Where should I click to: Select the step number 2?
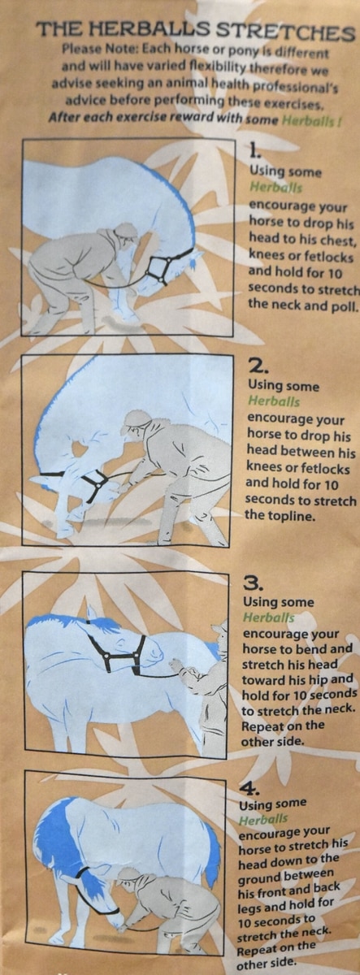pos(258,368)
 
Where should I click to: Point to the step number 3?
pos(254,583)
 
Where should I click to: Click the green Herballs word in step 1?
pos(275,188)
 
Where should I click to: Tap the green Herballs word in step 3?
pos(269,617)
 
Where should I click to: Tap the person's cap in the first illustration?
pos(124,231)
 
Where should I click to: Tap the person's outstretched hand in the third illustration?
pos(176,665)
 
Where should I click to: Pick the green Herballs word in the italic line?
pos(310,120)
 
